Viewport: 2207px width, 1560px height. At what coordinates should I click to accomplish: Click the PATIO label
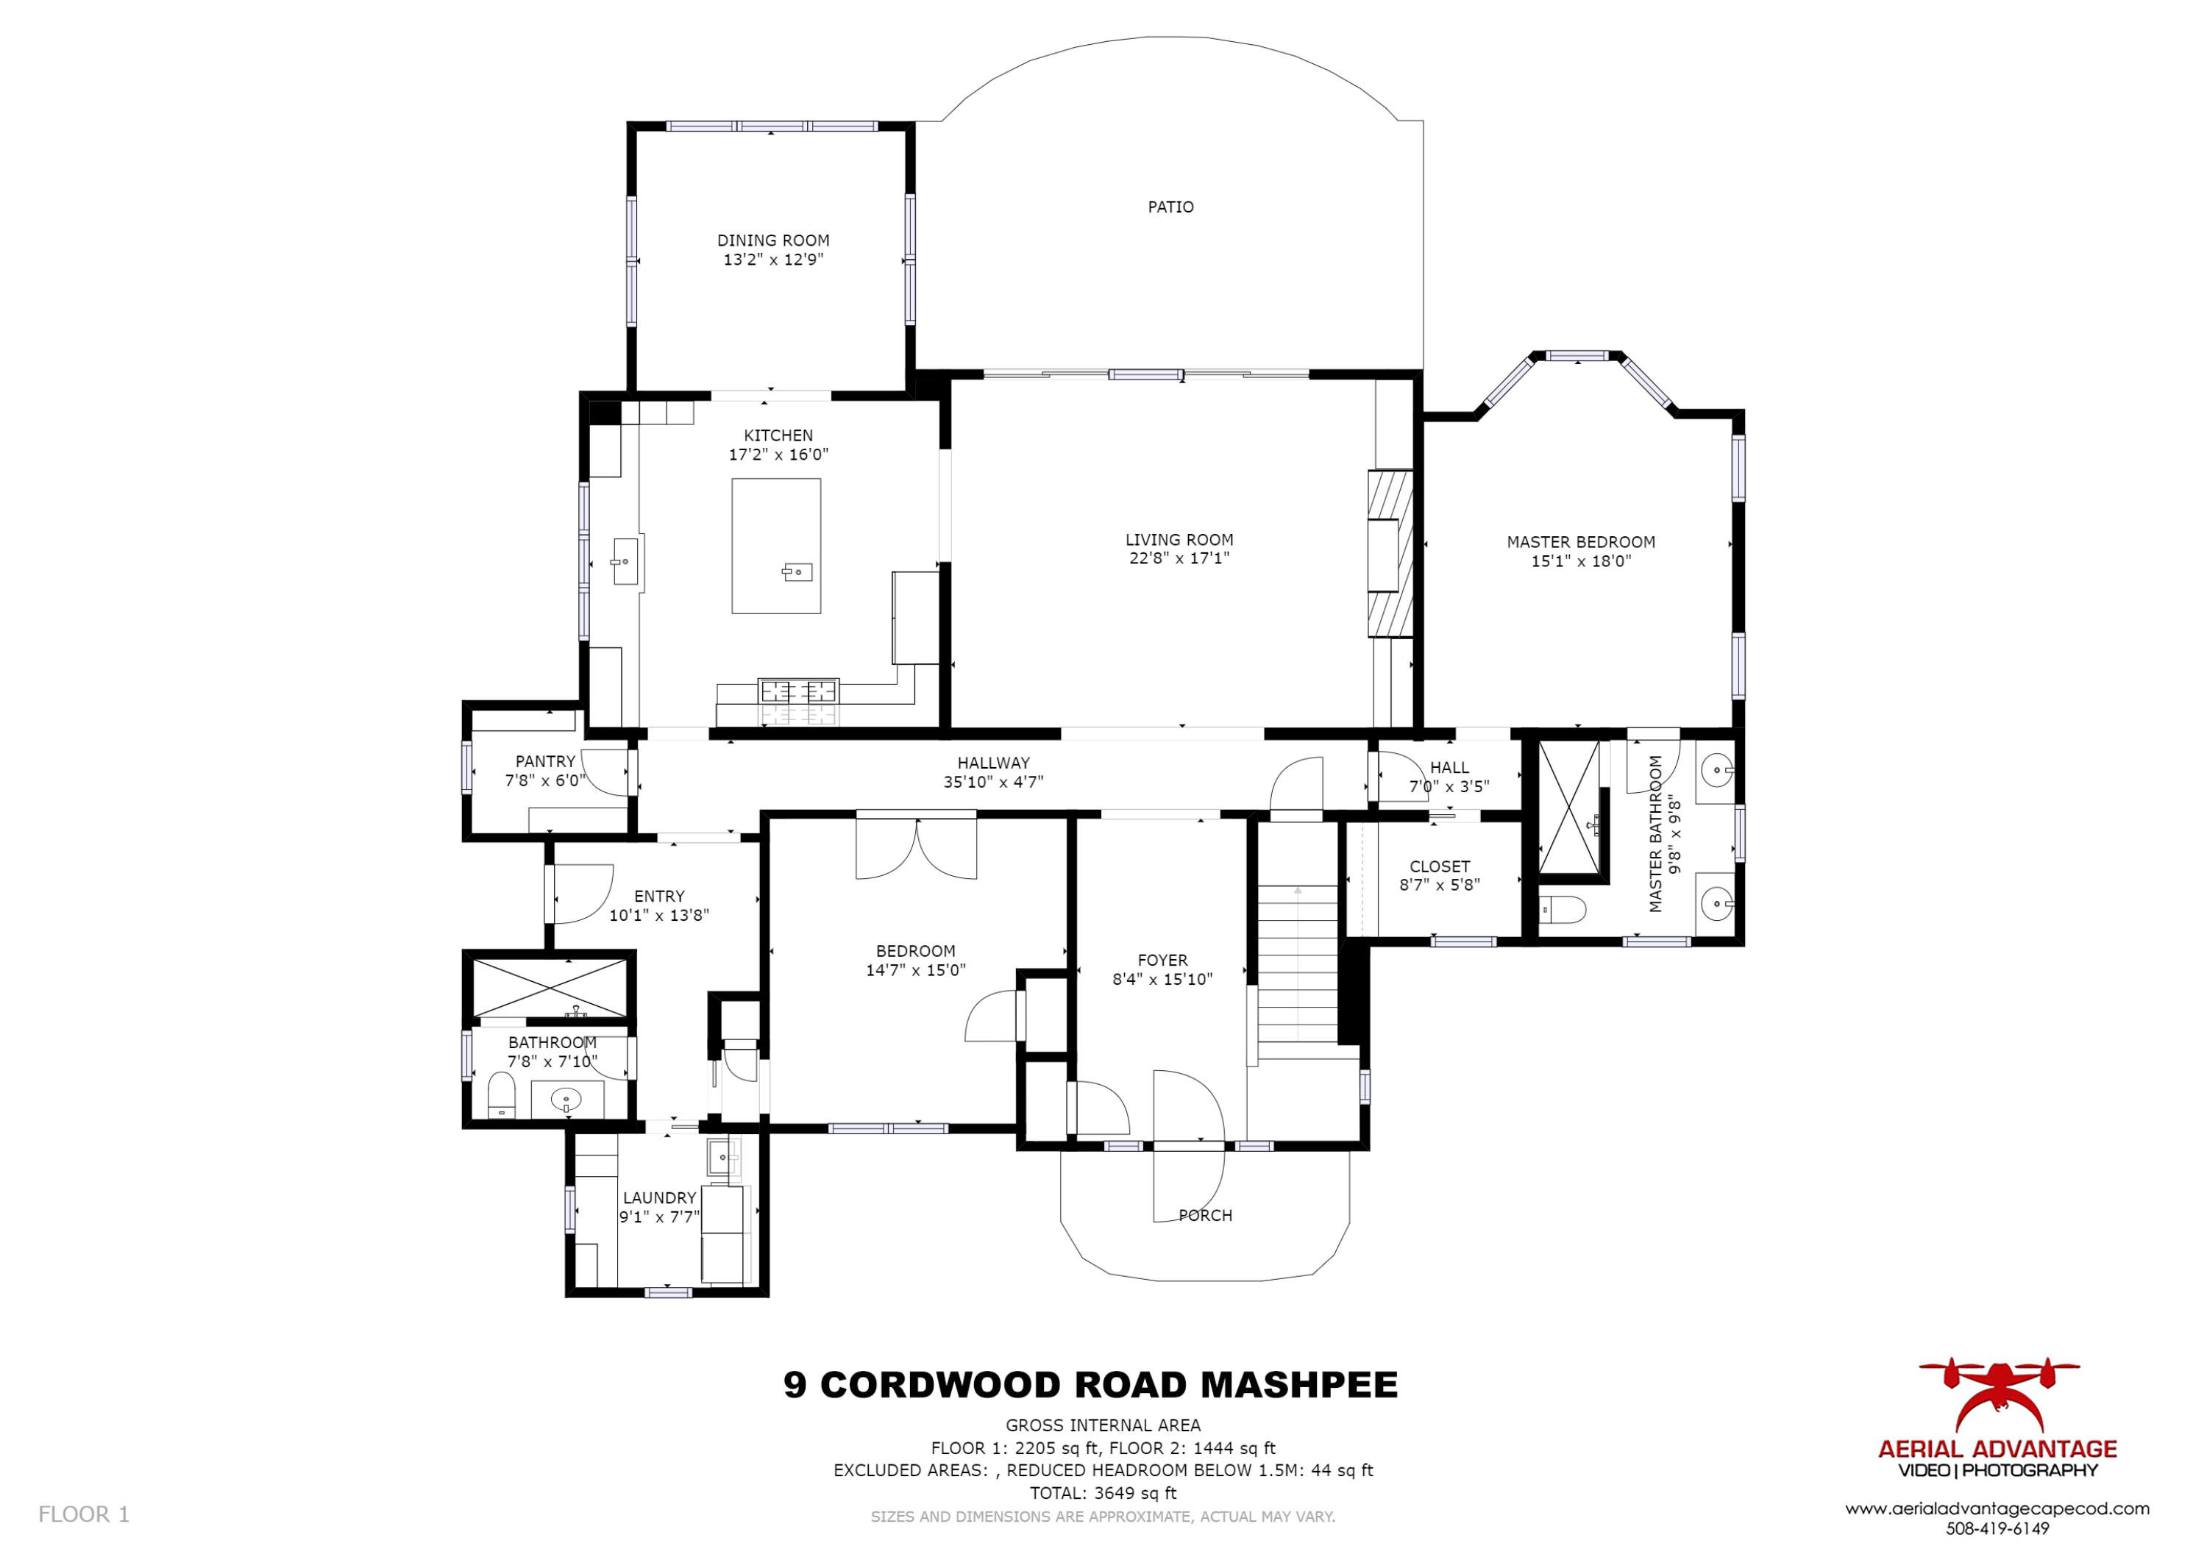pyautogui.click(x=1170, y=207)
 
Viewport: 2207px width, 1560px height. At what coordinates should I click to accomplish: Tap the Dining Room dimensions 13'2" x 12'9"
pyautogui.click(x=773, y=260)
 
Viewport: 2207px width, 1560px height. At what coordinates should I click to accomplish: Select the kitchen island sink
pyautogui.click(x=797, y=573)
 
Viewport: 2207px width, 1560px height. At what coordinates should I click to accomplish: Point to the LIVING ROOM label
pyautogui.click(x=1179, y=540)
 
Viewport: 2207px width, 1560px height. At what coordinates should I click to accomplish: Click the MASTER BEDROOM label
pyautogui.click(x=1580, y=542)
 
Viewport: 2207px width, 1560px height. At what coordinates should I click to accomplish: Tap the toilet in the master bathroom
pyautogui.click(x=1563, y=908)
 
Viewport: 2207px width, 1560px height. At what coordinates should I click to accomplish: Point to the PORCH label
pyautogui.click(x=1206, y=1216)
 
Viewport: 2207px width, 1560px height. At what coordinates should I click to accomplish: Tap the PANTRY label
pyautogui.click(x=545, y=762)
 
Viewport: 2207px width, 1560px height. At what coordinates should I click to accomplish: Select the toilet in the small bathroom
pyautogui.click(x=502, y=1096)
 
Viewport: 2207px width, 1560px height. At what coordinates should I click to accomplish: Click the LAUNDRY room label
pyautogui.click(x=658, y=1197)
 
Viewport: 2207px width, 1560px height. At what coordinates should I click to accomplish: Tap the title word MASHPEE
pyautogui.click(x=1300, y=1385)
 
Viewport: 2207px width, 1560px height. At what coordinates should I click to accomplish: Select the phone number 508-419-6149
pyautogui.click(x=1997, y=1528)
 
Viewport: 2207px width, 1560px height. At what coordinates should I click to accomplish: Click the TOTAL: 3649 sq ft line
pyautogui.click(x=1103, y=1494)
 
